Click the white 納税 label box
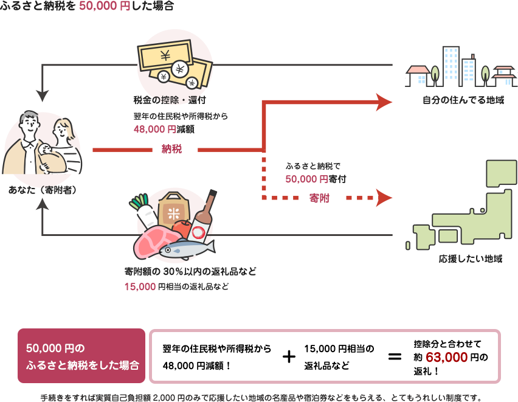tap(174, 150)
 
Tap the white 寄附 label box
tap(321, 198)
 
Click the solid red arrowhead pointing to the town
tap(384, 102)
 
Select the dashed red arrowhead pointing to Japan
tap(384, 198)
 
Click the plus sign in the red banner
tap(289, 356)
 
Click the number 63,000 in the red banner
tap(446, 357)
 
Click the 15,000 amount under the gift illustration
tap(139, 286)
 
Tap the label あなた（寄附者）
tap(42, 190)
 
